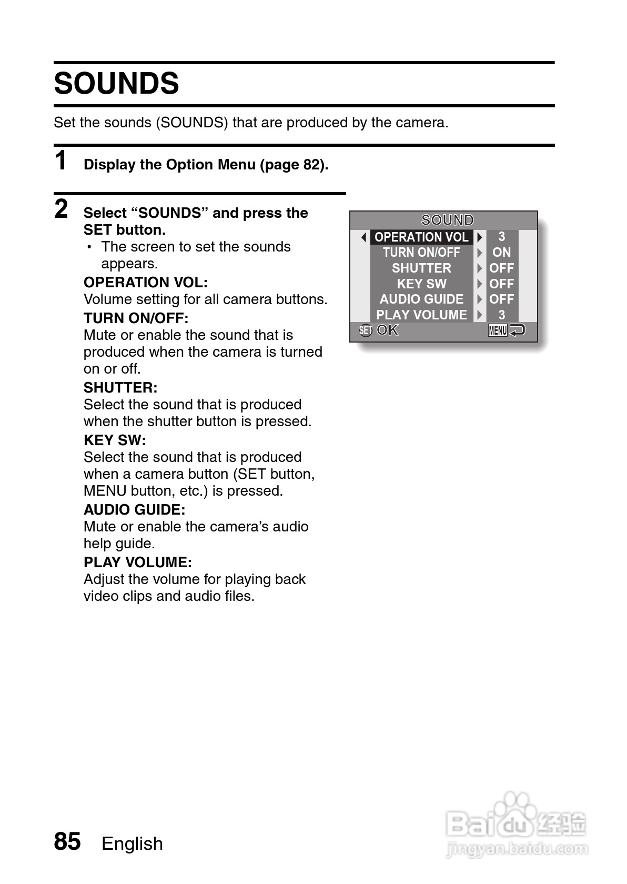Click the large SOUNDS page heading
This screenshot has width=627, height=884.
coord(116,84)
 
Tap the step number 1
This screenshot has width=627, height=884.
coord(61,160)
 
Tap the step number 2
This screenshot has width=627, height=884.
coord(61,209)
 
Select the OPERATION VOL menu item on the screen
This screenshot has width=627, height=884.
coord(421,237)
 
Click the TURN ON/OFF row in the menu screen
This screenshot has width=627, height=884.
coord(421,253)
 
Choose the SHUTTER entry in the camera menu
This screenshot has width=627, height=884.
coord(421,268)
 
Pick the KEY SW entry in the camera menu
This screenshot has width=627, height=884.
coord(421,284)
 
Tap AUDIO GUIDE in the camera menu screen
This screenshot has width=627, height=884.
coord(421,299)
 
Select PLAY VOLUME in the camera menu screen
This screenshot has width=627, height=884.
coord(421,315)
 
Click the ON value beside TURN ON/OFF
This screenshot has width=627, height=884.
coord(501,253)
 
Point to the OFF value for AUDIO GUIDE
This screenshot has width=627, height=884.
coord(501,299)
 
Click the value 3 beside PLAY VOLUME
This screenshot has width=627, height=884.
coord(501,315)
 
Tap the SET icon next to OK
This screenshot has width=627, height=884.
coord(366,330)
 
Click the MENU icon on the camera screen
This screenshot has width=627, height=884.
coord(498,330)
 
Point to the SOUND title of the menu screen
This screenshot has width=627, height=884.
coord(448,220)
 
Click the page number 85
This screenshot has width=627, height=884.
coord(67,841)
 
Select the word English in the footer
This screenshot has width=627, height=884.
coord(132,843)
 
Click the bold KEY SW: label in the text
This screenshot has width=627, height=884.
coord(115,440)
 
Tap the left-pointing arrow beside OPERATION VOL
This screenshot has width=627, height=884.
coord(363,237)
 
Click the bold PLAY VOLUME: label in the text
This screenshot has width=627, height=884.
coord(137,562)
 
